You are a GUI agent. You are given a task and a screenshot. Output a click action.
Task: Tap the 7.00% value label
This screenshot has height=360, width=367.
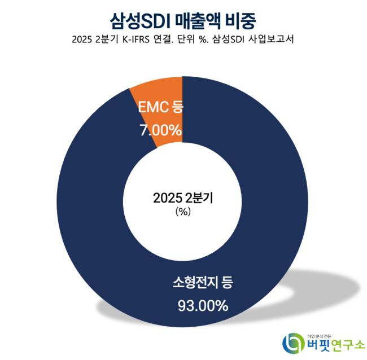160,131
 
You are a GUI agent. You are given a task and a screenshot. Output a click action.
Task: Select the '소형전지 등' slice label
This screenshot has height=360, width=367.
202,282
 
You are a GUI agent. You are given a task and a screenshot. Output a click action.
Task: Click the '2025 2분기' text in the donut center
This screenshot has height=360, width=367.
183,199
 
